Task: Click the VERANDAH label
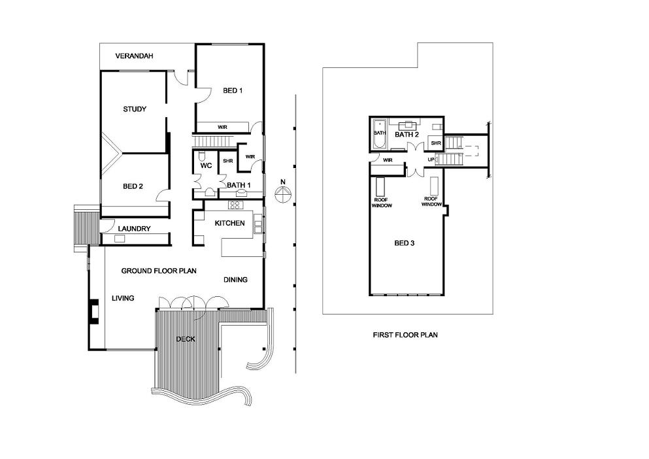point(134,56)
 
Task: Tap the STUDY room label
point(135,109)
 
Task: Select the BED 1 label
point(233,91)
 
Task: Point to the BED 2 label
point(133,186)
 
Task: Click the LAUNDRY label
point(134,229)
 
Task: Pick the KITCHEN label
point(229,223)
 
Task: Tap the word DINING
point(235,280)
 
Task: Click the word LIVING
point(123,298)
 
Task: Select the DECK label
point(186,339)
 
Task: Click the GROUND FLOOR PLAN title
point(159,271)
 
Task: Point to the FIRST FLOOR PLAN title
point(405,335)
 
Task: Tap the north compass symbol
point(283,194)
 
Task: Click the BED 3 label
point(405,243)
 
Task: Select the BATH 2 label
point(407,135)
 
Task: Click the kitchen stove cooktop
point(235,205)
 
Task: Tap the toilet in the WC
point(201,156)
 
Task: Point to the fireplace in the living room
point(95,311)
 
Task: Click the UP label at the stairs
point(431,160)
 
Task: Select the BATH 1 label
point(239,185)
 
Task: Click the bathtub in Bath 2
point(379,135)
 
